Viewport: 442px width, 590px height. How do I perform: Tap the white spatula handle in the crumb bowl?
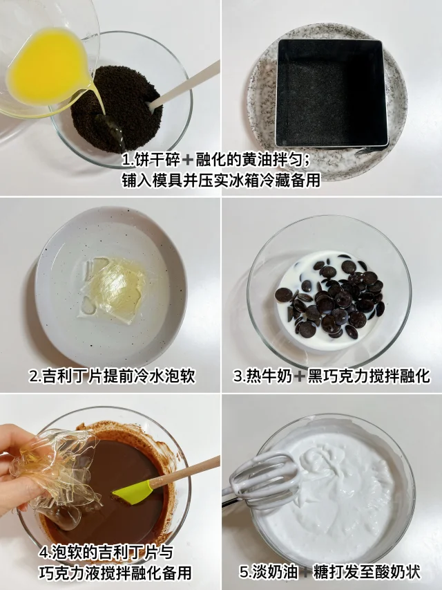click(184, 86)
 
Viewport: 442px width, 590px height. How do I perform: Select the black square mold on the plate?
click(331, 93)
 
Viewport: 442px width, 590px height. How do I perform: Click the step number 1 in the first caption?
click(126, 160)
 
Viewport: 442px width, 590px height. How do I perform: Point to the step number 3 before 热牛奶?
click(238, 376)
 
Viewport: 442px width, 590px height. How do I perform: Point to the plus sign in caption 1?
click(188, 161)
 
